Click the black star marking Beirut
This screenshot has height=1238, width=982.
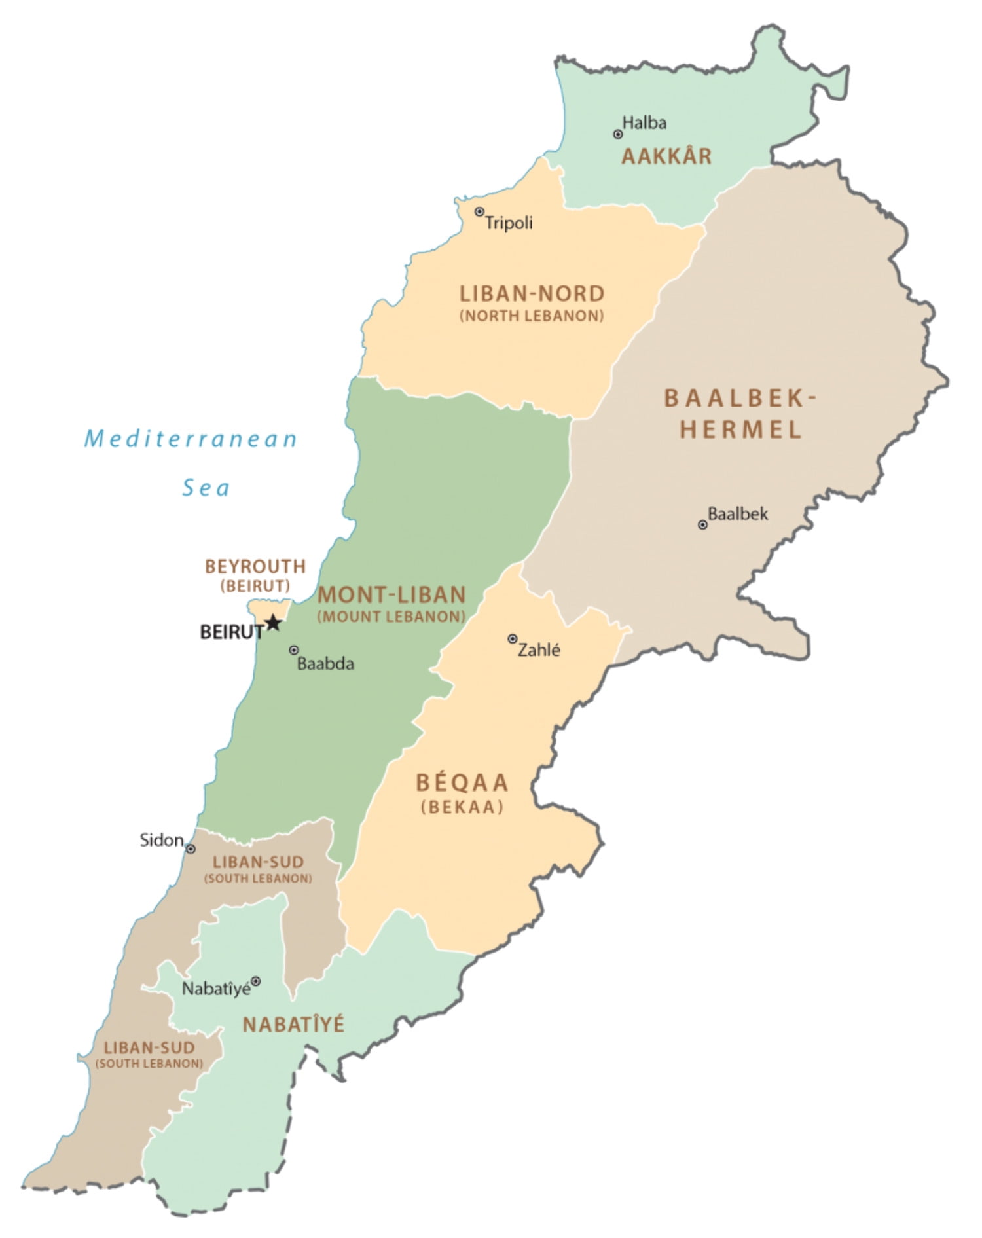(274, 623)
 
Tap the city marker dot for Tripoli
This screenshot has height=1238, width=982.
(479, 211)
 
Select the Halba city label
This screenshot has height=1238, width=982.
(644, 123)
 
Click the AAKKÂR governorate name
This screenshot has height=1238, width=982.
(666, 156)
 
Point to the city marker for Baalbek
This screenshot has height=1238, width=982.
(702, 524)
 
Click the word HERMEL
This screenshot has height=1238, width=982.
(740, 430)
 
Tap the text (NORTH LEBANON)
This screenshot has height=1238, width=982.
(532, 316)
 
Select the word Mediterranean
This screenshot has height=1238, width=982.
(191, 439)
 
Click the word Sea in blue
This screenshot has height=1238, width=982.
(206, 488)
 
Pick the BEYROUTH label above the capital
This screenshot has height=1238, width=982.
(255, 566)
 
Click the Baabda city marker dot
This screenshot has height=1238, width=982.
(294, 650)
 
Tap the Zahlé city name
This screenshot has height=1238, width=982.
(539, 650)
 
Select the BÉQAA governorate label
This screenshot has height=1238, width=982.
(462, 783)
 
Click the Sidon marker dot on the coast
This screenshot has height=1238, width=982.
(191, 848)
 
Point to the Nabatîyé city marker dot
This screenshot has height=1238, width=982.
(256, 981)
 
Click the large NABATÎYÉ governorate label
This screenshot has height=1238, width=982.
(293, 1025)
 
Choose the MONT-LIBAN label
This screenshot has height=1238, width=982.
(391, 595)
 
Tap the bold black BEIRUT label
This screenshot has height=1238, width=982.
(231, 632)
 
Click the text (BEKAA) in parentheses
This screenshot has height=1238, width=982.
(462, 807)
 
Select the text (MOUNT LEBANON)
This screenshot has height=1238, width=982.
(391, 617)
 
